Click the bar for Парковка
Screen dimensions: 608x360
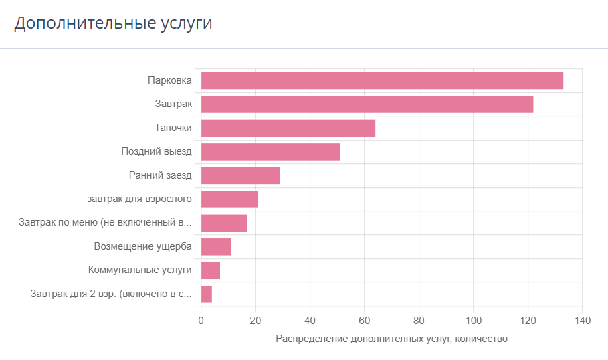(x=382, y=81)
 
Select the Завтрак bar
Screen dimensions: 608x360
(x=367, y=104)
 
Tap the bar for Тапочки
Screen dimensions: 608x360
(x=288, y=128)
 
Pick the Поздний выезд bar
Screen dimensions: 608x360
(x=271, y=152)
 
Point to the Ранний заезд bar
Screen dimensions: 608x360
(x=240, y=175)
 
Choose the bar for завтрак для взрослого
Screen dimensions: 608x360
(x=229, y=199)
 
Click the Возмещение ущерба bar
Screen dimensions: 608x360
(x=216, y=247)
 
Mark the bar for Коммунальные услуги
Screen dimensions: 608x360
(x=211, y=270)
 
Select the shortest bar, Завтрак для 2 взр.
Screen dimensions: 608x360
(x=206, y=294)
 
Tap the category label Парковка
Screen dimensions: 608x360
(x=170, y=80)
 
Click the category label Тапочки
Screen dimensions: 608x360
(x=173, y=128)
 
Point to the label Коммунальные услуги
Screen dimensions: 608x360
(x=140, y=270)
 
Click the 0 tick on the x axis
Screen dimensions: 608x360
(x=201, y=321)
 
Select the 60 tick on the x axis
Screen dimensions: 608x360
(x=364, y=321)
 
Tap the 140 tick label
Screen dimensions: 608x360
(x=582, y=321)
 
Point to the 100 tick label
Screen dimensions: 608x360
(x=473, y=321)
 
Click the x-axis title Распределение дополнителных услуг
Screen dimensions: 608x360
(x=363, y=339)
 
